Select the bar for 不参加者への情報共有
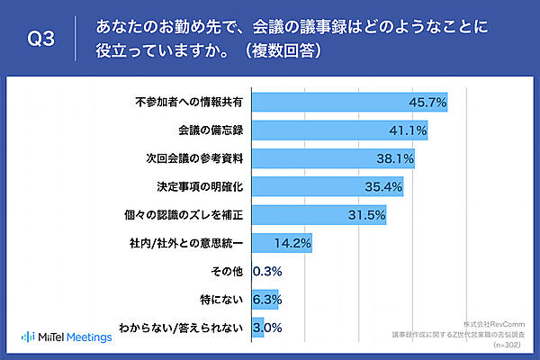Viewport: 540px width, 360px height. (x=349, y=103)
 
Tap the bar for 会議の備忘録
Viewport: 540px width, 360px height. (x=339, y=130)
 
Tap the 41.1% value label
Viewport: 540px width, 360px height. (x=408, y=130)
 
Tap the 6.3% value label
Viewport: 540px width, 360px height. (x=266, y=299)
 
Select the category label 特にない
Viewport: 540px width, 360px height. (x=221, y=299)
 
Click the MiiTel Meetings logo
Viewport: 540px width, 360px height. (x=67, y=337)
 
